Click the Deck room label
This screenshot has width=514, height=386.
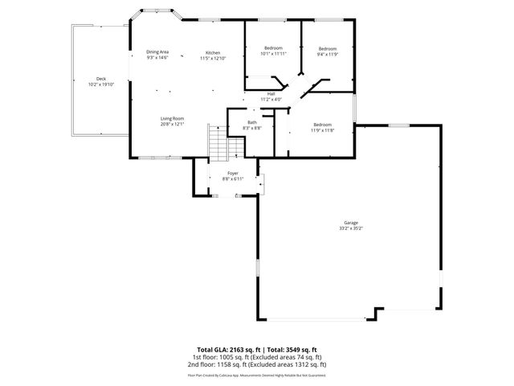coord(101,79)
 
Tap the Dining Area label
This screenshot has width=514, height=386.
coord(157,52)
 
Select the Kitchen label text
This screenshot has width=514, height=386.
coord(212,52)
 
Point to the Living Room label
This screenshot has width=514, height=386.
coord(173,118)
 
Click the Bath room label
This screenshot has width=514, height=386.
coord(252,122)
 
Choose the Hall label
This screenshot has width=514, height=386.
coord(271,93)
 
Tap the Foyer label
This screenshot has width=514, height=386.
coord(233,173)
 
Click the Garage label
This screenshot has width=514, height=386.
coord(351,223)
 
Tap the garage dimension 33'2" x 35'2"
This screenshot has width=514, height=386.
coord(351,228)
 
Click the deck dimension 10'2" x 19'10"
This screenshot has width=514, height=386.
coord(101,84)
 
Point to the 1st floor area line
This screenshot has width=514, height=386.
coord(257,356)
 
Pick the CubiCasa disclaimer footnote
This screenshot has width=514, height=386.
coord(257,375)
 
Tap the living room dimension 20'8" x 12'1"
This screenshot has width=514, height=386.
coord(173,124)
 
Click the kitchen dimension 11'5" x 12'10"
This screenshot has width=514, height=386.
coord(212,58)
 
